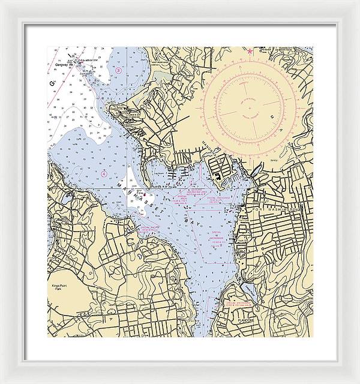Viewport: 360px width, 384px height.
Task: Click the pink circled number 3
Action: tap(118, 71)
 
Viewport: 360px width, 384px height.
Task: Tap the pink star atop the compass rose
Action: tap(249, 50)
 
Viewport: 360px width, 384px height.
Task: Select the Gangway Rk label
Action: tap(63, 64)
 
